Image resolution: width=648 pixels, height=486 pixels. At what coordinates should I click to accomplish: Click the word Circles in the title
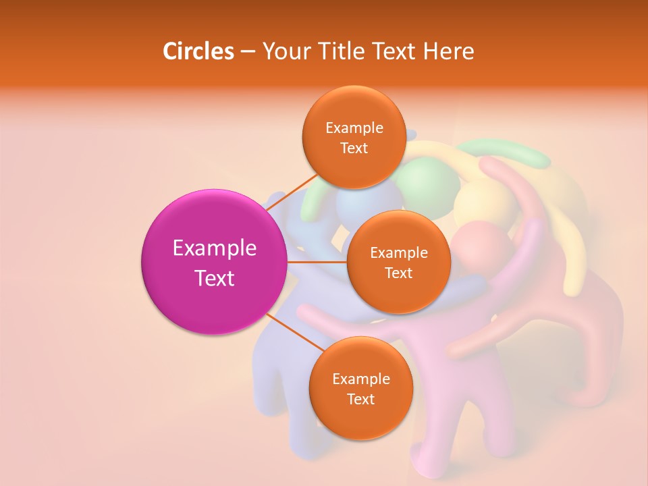[x=198, y=51]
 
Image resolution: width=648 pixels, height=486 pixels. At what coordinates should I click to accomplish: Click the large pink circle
[x=215, y=262]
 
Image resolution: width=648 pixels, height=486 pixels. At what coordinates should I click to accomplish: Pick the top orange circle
[x=354, y=137]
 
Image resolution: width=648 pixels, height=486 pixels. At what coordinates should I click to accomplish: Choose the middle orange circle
[x=398, y=262]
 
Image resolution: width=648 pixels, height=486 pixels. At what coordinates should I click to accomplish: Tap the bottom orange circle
[x=360, y=388]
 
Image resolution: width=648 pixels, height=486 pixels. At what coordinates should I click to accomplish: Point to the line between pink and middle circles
[x=317, y=262]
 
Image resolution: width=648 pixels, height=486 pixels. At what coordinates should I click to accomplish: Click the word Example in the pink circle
[x=215, y=248]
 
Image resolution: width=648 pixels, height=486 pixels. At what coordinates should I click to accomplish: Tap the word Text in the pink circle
[x=215, y=277]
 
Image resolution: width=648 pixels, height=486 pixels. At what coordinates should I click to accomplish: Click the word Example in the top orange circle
[x=354, y=128]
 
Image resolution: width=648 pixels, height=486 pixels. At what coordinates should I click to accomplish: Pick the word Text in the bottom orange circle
[x=360, y=399]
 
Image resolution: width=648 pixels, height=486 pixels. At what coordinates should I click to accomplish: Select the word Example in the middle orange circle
[x=398, y=252]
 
